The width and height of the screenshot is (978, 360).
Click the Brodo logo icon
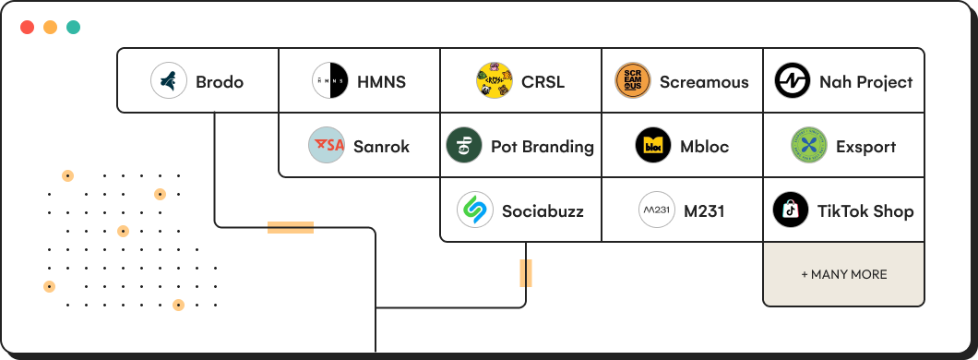(169, 81)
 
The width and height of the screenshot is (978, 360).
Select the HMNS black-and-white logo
(329, 81)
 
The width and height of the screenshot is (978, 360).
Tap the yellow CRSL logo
(495, 81)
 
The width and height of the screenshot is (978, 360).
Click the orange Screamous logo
(632, 81)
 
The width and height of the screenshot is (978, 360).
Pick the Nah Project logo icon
(793, 81)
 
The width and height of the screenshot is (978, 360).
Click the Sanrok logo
(327, 146)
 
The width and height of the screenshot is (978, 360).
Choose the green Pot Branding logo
(464, 146)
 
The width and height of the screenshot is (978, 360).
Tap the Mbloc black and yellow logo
(653, 146)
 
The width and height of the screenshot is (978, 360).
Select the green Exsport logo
(809, 146)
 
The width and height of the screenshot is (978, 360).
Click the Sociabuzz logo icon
(475, 210)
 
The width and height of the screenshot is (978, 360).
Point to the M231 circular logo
(657, 210)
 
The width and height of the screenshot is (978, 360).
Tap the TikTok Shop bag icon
(791, 210)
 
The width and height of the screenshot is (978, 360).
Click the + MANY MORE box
(843, 274)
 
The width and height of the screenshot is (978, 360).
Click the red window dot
(28, 27)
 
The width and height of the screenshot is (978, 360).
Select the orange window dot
(50, 27)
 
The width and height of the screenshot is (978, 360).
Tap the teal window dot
(73, 27)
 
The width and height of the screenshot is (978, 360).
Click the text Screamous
(704, 82)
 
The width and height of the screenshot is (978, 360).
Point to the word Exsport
(865, 147)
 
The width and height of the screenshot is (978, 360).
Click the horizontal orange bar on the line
(290, 227)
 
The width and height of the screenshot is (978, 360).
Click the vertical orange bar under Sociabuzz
(526, 273)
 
